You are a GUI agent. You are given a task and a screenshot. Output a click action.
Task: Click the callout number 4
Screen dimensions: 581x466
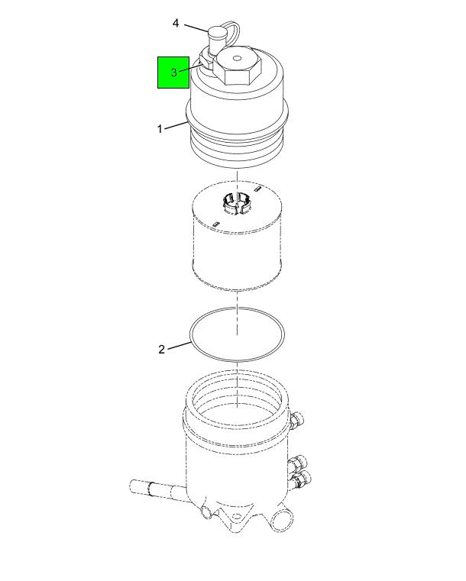click(176, 24)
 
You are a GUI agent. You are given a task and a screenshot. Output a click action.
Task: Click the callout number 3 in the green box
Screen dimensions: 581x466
click(174, 73)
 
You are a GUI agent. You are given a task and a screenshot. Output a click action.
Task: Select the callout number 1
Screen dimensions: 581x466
click(160, 129)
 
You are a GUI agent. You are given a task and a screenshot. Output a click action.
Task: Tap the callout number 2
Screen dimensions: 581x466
click(161, 350)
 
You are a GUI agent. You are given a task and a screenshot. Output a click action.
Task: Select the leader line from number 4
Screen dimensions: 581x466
click(195, 29)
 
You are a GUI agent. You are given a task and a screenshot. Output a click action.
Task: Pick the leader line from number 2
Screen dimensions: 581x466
click(179, 345)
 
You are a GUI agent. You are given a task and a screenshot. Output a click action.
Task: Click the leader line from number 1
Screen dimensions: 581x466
click(175, 126)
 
